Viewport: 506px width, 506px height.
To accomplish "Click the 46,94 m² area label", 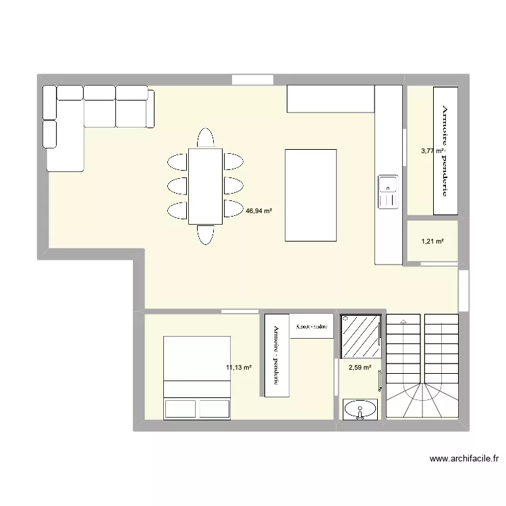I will coord(259,211).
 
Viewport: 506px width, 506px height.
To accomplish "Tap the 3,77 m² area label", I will coord(432,151).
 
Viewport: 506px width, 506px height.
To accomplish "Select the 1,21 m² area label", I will coord(432,241).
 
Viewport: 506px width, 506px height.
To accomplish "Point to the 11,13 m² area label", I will coord(239,368).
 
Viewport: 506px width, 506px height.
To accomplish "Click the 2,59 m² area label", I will coord(360,368).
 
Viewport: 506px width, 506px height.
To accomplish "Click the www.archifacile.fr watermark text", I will coord(465,459).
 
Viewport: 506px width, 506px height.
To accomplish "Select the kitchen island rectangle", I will coord(311,195).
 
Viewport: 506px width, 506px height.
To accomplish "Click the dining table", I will coord(205,186).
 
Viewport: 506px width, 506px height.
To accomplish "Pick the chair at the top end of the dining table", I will coord(206,138).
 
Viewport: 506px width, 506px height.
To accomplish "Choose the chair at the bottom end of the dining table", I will coord(206,234).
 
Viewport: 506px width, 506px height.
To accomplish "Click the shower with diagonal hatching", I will coord(361,335).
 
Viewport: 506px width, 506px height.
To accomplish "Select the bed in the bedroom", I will coord(198,377).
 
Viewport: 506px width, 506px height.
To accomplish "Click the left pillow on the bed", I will coord(179,409).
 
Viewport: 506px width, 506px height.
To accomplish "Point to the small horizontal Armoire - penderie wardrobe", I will coord(312,326).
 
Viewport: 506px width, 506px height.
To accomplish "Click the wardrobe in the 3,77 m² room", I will coord(445,150).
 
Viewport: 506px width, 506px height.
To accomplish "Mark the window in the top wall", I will coord(252,80).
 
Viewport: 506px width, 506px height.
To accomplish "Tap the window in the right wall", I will coord(463,290).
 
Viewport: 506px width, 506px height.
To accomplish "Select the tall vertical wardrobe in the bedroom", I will coord(277,356).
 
